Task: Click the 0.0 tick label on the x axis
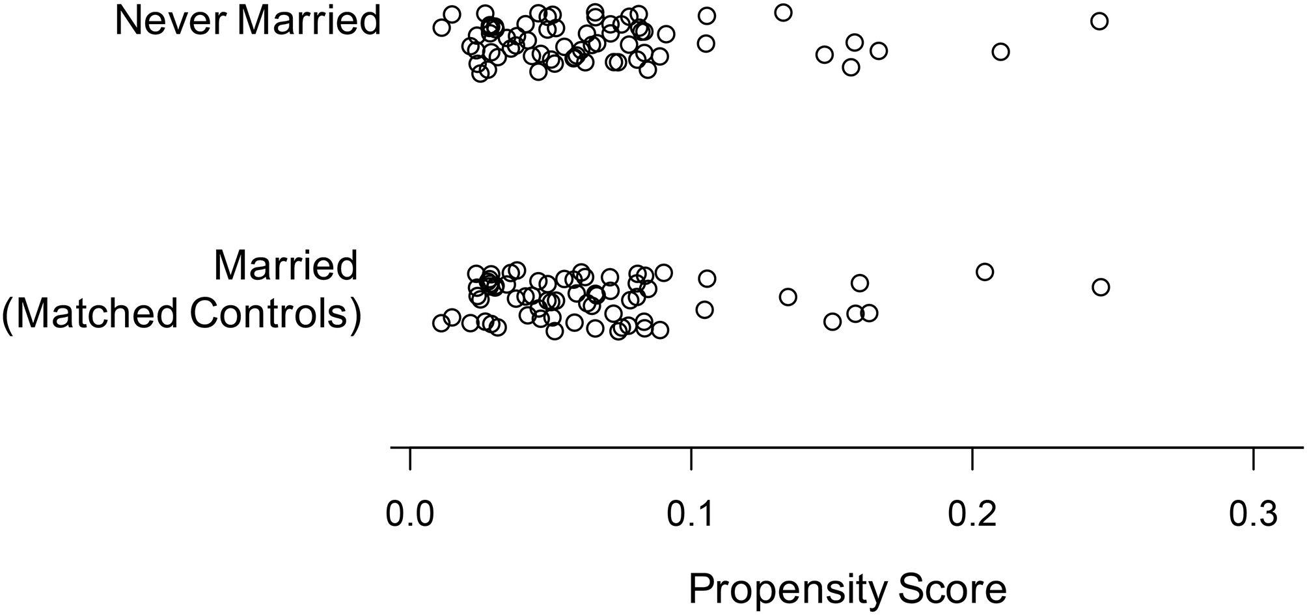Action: (x=409, y=515)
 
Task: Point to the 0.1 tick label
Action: (x=691, y=515)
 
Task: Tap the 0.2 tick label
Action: (x=972, y=515)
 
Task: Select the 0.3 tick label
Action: (x=1253, y=515)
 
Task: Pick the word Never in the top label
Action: (x=171, y=20)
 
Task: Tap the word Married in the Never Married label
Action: (x=309, y=20)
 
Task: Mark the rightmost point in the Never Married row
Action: (x=1099, y=21)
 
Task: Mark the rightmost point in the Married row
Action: (x=1100, y=287)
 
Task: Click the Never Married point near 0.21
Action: (x=1000, y=52)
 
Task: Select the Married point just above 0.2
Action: (x=985, y=271)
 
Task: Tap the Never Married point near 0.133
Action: (x=783, y=12)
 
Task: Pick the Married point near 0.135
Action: (x=788, y=297)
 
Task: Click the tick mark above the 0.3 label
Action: (x=1253, y=458)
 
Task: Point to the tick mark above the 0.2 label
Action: (x=972, y=458)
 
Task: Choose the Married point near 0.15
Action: (x=832, y=321)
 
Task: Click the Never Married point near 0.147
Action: (x=824, y=54)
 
